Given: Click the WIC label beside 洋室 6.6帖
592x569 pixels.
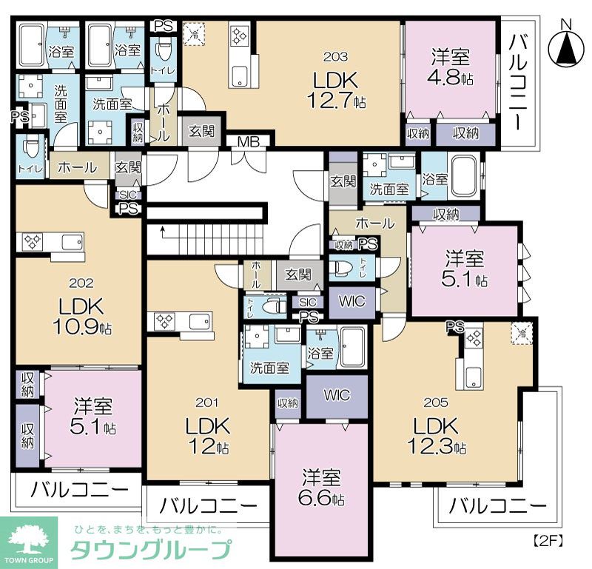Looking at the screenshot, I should pos(337,394).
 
